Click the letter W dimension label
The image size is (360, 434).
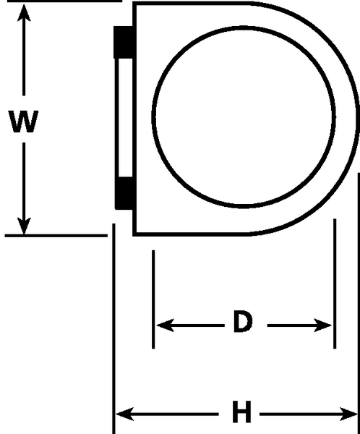(24, 122)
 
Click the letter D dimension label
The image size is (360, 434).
(243, 321)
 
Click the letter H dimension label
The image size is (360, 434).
(241, 412)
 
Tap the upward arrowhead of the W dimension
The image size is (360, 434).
(24, 12)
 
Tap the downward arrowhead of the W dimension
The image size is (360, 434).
(24, 226)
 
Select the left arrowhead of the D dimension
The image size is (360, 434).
(166, 325)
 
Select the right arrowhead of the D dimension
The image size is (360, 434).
(322, 325)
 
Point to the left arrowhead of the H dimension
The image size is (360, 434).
(125, 414)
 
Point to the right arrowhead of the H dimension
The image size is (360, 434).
(348, 414)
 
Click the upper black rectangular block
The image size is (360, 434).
(124, 43)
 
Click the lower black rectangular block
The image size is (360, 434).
(124, 193)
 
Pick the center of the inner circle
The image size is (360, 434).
(244, 117)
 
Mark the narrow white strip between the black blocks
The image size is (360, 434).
(125, 118)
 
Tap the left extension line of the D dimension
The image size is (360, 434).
(153, 299)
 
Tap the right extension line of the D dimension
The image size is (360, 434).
(335, 284)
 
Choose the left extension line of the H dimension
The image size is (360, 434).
(113, 329)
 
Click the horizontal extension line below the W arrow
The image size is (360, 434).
(56, 236)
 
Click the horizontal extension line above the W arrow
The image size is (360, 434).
(64, 1)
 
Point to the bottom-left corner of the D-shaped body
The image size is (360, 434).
(134, 234)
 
